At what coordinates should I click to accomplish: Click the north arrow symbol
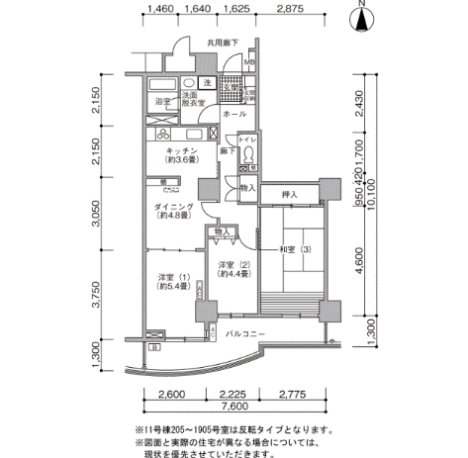coord(363,19)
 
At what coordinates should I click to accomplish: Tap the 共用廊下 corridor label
coord(224,44)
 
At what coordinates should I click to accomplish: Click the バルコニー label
coord(243,334)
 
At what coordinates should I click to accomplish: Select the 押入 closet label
coord(289,195)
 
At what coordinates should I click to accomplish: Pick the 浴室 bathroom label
coord(160,102)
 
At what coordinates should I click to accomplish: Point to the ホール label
coord(234,115)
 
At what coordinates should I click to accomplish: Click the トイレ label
coord(248,141)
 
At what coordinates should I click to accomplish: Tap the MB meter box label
coord(251,63)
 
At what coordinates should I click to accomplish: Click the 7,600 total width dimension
coord(234,409)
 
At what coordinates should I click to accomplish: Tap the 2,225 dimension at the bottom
coord(234,394)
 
